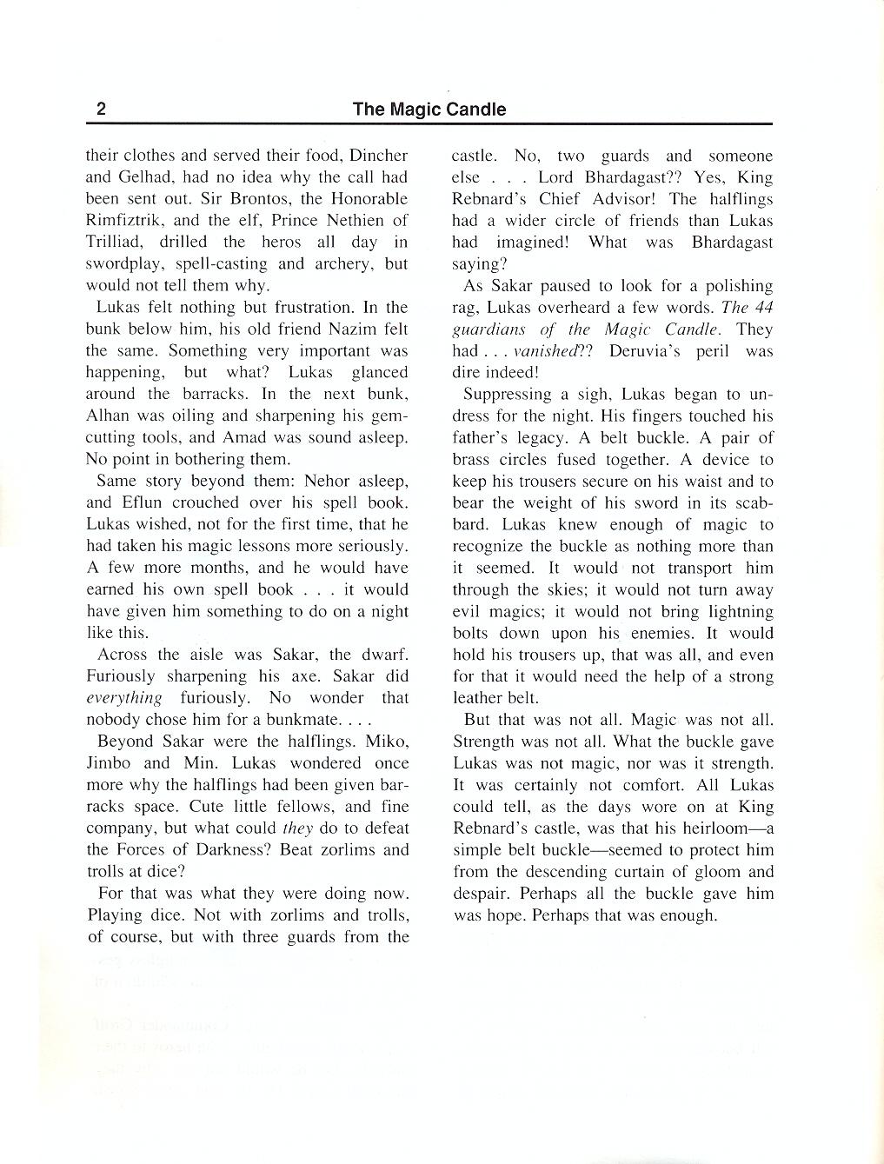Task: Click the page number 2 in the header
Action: pos(101,110)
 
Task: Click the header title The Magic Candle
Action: pos(429,110)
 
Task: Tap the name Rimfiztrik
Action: pos(125,221)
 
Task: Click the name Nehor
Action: pos(302,481)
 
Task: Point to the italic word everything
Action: pos(124,698)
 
